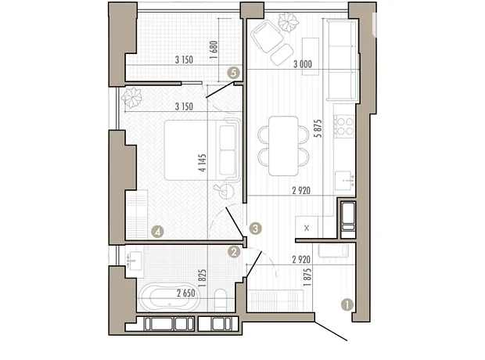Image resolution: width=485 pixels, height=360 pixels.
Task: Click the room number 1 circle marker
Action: tap(347, 304)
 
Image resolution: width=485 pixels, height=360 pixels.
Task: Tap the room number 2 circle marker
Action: tap(234, 252)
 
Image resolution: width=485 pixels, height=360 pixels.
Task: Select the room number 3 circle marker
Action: tap(256, 229)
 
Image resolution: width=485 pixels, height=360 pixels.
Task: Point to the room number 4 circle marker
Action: tap(157, 231)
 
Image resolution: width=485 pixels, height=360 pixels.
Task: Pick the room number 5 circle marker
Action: tap(234, 73)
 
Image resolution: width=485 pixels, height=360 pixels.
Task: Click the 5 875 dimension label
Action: tap(318, 128)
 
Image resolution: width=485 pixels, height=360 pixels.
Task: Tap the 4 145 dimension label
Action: tap(203, 163)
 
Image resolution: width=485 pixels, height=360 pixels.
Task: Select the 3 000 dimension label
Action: tap(303, 64)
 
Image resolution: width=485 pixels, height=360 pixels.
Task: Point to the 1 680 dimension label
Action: tap(214, 50)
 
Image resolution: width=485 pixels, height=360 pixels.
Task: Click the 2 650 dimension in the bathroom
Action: tap(186, 293)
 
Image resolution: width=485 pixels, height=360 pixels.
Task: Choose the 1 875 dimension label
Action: tap(307, 277)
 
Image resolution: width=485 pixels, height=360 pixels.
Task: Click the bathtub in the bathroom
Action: tap(170, 297)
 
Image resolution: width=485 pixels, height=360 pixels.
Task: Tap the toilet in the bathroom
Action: tap(221, 300)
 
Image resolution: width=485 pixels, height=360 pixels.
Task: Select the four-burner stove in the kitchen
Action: tap(344, 126)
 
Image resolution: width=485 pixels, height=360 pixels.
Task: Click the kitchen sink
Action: tap(344, 181)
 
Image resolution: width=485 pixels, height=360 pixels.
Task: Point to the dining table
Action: tap(283, 146)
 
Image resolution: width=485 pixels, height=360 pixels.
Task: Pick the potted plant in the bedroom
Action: tap(131, 97)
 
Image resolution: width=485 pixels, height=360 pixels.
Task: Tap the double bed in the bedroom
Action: tap(203, 150)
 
